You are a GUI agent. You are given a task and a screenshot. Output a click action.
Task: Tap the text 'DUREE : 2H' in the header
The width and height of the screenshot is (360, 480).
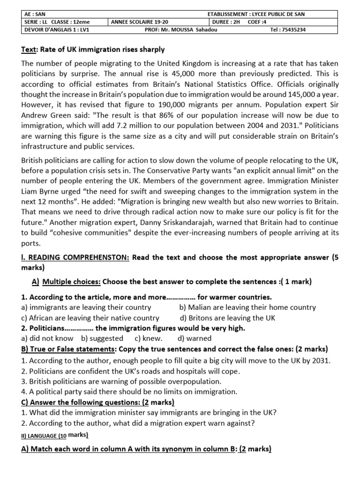click(x=224, y=22)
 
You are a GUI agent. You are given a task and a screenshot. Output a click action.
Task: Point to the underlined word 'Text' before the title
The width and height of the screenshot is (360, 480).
click(x=30, y=50)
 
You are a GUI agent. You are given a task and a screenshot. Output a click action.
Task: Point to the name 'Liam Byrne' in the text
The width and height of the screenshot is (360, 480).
click(x=41, y=191)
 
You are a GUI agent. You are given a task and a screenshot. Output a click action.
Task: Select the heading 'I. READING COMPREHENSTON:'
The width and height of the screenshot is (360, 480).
click(x=75, y=258)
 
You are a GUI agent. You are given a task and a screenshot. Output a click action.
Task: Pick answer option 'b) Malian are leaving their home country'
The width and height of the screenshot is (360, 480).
click(x=247, y=307)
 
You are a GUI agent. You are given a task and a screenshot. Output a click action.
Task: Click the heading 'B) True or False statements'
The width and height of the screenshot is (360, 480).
click(x=68, y=349)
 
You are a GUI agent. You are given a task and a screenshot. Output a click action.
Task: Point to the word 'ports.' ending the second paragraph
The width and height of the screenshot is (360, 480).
click(x=32, y=243)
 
